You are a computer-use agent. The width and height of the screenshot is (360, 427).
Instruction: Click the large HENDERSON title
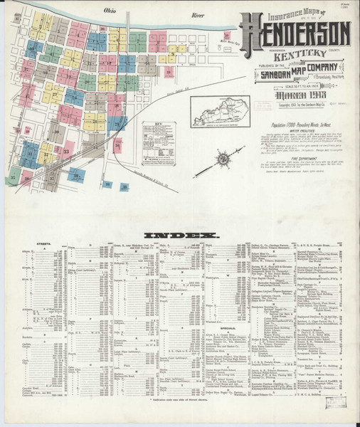click(x=295, y=32)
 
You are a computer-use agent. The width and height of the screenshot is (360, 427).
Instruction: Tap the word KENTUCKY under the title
click(x=294, y=51)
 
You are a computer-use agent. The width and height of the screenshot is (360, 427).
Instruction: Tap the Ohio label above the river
click(x=110, y=12)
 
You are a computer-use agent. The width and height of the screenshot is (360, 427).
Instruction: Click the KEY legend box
click(x=169, y=135)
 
